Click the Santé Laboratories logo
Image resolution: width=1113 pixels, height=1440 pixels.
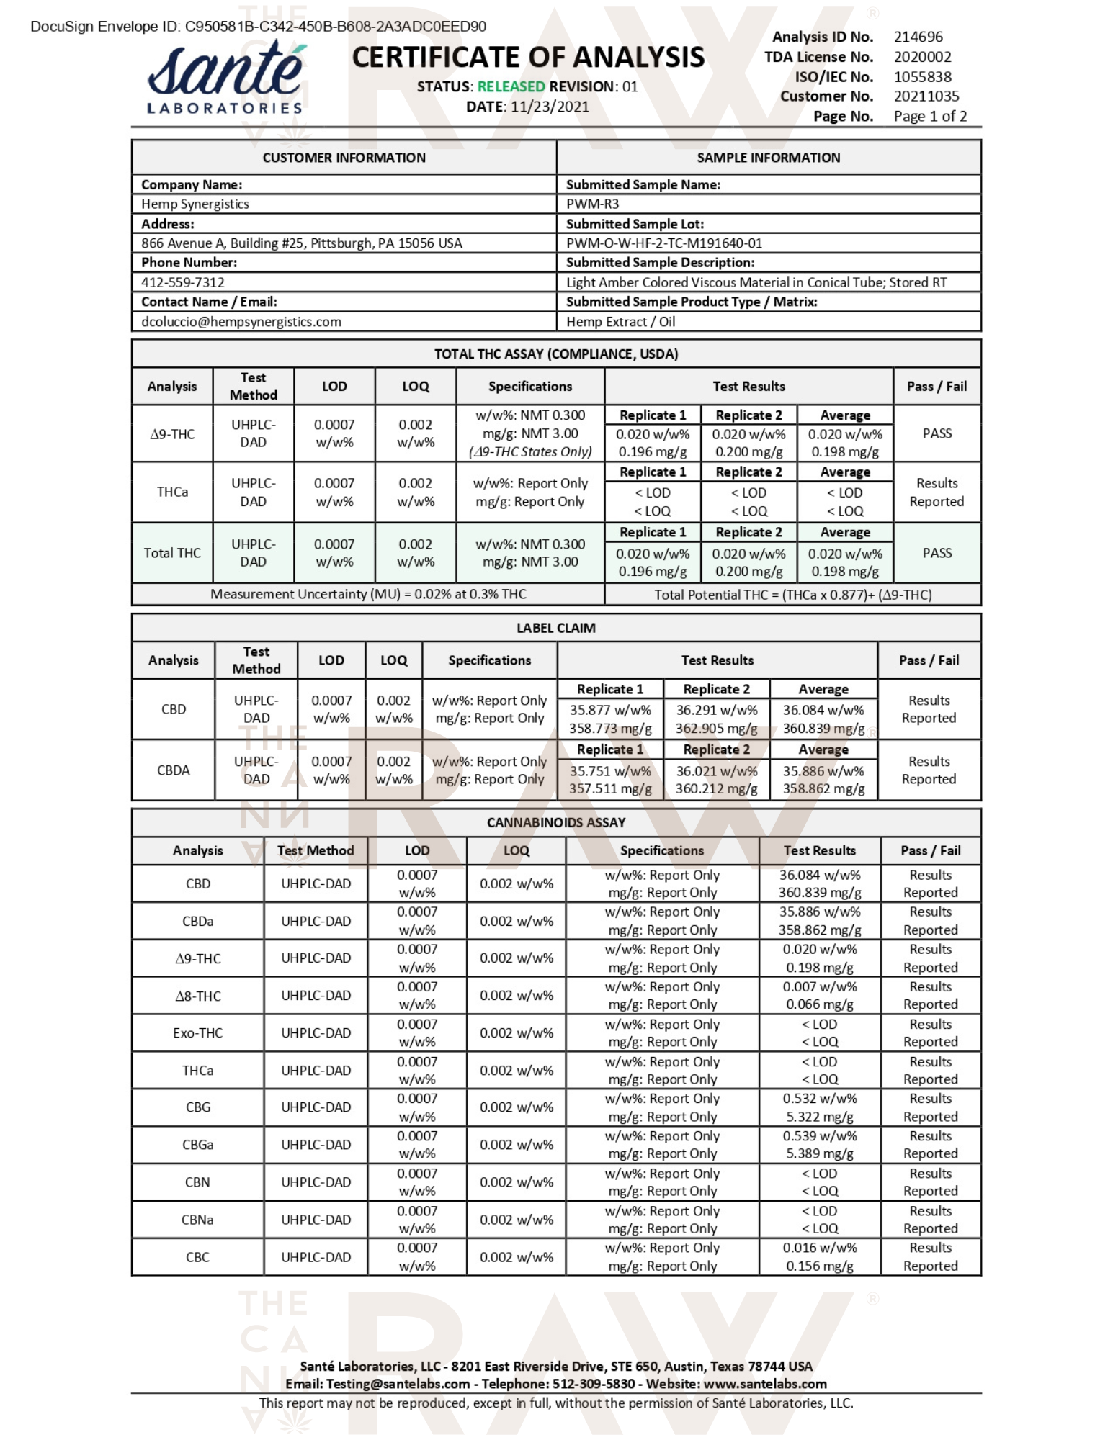[x=225, y=78]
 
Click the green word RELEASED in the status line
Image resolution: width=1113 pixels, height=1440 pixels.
[x=511, y=86]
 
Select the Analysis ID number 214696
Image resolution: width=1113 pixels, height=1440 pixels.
[x=918, y=37]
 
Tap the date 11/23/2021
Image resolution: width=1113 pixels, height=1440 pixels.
[x=550, y=107]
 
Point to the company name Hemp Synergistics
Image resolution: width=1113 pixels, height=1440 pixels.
[x=195, y=204]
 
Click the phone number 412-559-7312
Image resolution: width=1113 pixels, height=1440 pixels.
[x=183, y=282]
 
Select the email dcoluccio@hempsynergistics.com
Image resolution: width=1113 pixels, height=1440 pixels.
[x=241, y=322]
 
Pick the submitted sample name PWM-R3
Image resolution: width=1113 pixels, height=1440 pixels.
[x=592, y=204]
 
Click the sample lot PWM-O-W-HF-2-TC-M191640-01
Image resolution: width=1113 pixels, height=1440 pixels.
[x=663, y=243]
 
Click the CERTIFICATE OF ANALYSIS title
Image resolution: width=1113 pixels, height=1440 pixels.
[x=528, y=58]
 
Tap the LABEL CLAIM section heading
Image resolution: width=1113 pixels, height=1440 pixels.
[x=556, y=628]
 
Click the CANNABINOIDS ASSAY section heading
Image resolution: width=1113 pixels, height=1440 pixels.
[x=556, y=822]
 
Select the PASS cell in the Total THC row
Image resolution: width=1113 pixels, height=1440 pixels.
[x=937, y=553]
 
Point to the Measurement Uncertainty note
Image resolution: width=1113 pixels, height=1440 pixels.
[x=368, y=594]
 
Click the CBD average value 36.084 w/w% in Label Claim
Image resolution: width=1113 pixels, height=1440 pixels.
[x=823, y=710]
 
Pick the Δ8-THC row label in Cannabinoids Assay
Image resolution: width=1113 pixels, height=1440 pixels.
[x=198, y=996]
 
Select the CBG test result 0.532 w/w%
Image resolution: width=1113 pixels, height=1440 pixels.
[x=820, y=1099]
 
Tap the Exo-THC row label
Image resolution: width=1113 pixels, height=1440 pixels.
[x=198, y=1032]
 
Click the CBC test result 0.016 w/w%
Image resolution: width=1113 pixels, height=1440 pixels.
[x=820, y=1248]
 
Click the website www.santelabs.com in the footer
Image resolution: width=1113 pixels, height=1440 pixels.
[x=765, y=1384]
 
